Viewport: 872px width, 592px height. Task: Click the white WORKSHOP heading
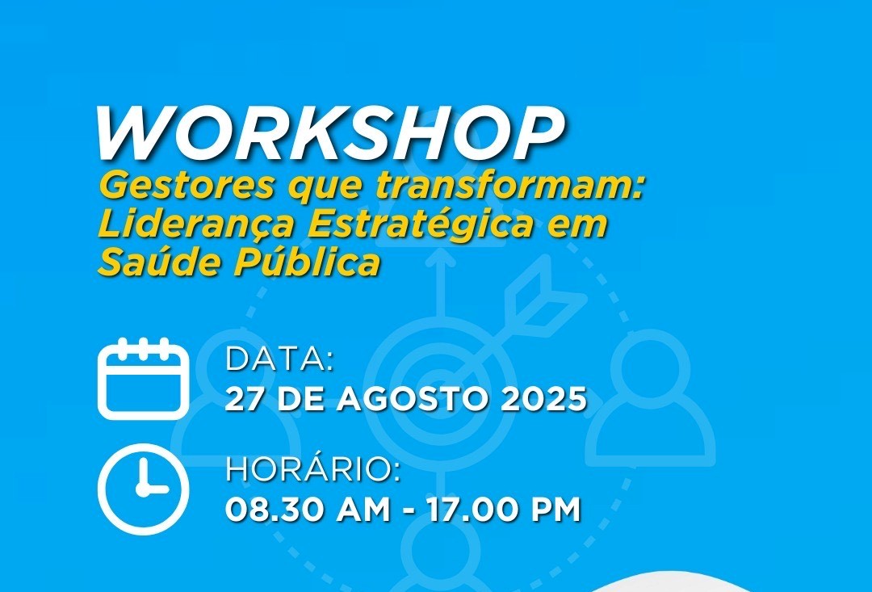(x=329, y=132)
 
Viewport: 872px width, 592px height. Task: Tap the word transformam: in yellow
(x=509, y=185)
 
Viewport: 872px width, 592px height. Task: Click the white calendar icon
(x=144, y=378)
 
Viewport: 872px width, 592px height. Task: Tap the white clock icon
(x=144, y=489)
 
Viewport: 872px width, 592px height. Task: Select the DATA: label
(x=279, y=359)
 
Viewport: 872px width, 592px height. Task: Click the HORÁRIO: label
(x=312, y=469)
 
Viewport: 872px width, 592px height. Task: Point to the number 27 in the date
(x=244, y=399)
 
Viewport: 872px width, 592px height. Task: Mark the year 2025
(x=543, y=399)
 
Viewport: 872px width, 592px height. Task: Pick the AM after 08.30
(x=363, y=510)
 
